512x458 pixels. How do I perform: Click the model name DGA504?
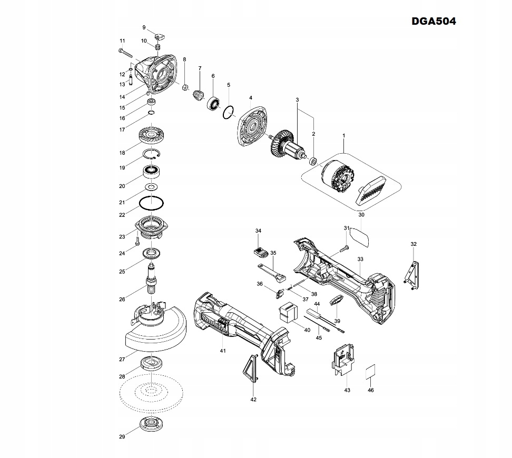pos(434,22)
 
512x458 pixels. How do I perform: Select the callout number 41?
pos(223,351)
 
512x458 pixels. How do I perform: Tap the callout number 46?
pos(371,390)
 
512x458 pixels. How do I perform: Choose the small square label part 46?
pos(371,371)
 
